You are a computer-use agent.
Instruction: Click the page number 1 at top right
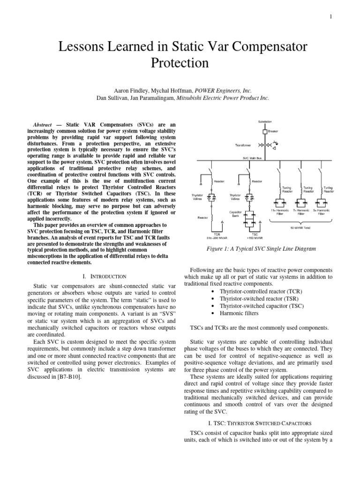[x=331, y=17]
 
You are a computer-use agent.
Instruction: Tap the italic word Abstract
[x=43, y=126]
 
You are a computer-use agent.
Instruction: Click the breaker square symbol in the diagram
[x=265, y=131]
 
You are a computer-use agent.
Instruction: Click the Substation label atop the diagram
[x=264, y=121]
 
